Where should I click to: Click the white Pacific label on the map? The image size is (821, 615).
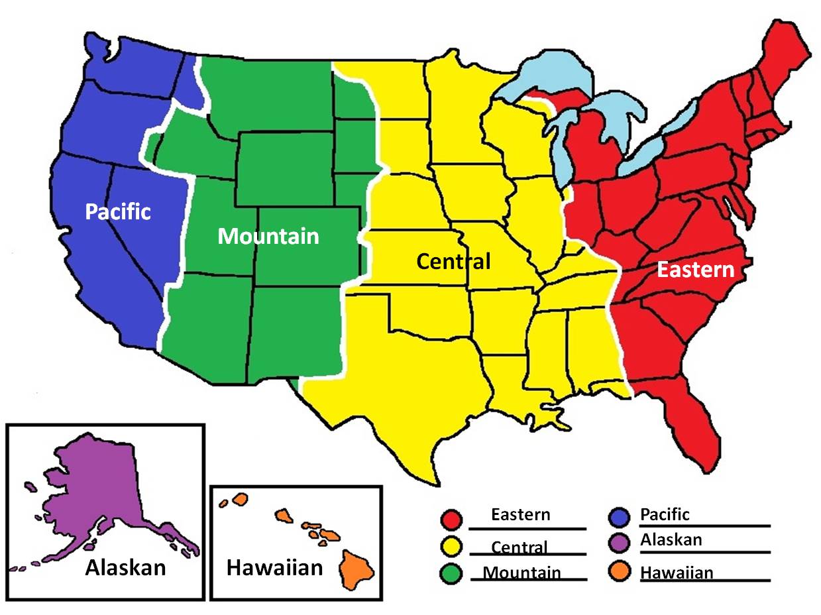click(x=118, y=212)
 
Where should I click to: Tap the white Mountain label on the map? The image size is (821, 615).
click(x=268, y=237)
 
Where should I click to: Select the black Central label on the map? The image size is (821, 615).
click(x=453, y=262)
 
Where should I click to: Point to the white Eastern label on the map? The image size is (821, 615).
click(x=695, y=270)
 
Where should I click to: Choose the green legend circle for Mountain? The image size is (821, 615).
click(x=451, y=573)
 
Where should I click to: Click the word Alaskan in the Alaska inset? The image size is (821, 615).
click(x=125, y=568)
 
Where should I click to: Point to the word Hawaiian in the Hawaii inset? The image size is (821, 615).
click(x=274, y=568)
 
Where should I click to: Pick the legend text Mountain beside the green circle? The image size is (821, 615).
click(x=521, y=573)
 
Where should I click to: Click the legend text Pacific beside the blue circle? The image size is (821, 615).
click(x=665, y=514)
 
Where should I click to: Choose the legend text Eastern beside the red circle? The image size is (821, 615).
click(x=520, y=514)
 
